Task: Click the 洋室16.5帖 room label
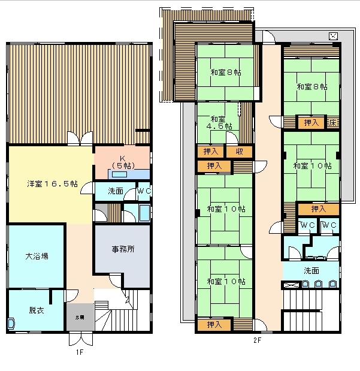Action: [52, 184]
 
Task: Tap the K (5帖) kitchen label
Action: [123, 162]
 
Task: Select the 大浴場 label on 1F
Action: [37, 256]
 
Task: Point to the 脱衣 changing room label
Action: [37, 310]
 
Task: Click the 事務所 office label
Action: [123, 249]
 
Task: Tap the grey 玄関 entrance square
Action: [80, 317]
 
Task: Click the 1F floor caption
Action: [80, 352]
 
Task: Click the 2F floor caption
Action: [258, 340]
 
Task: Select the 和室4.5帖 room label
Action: [219, 122]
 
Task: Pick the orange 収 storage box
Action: [239, 152]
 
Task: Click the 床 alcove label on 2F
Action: [333, 123]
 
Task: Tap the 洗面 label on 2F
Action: [311, 271]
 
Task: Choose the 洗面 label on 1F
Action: [116, 191]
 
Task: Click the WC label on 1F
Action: [144, 191]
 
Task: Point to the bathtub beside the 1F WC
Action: [144, 213]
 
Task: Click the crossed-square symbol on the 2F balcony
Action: [333, 36]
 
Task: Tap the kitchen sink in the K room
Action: [119, 174]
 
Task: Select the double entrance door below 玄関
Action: [81, 339]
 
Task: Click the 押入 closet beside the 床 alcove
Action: [311, 122]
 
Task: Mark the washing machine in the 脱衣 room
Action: [11, 324]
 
